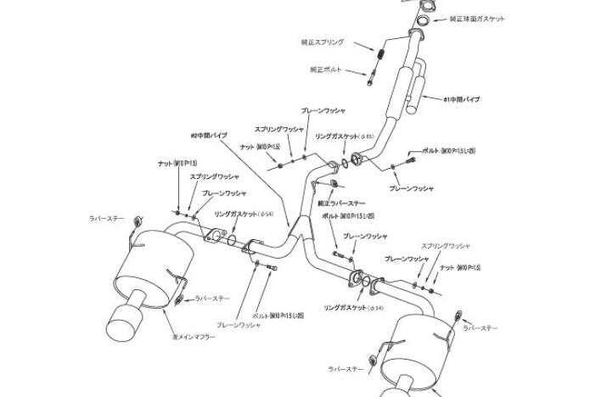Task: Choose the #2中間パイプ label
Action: [x=208, y=135]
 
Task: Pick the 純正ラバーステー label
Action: [x=340, y=204]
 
